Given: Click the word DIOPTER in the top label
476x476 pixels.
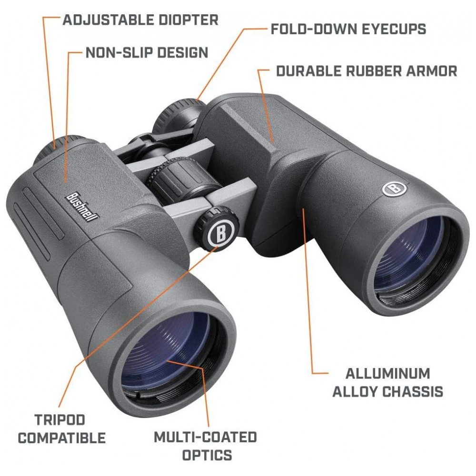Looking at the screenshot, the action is coord(184,20).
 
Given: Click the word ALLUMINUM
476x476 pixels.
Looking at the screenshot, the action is coord(387,373).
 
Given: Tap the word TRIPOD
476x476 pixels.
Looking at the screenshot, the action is coord(60,420).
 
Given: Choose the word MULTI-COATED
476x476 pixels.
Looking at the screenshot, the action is coord(206,437).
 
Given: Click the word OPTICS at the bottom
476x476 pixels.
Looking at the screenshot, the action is coord(207,455).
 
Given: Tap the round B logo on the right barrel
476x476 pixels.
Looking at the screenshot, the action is coord(394,188).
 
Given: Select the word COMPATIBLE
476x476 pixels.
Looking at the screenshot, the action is coord(62,438).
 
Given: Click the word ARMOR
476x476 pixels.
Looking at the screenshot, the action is coord(432,71).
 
